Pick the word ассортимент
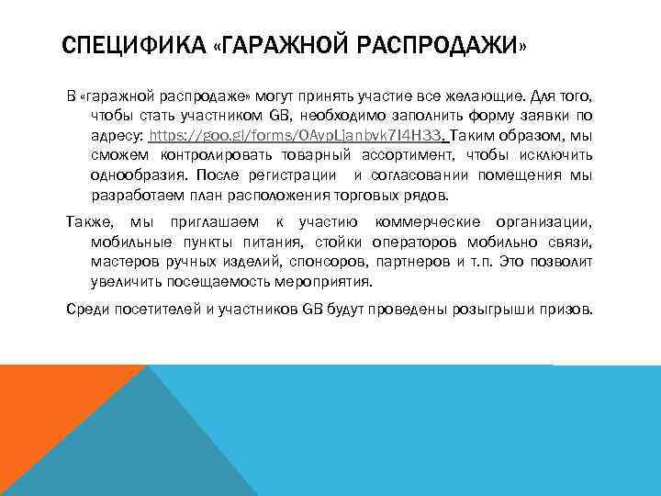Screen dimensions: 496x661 coord(411,155)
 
